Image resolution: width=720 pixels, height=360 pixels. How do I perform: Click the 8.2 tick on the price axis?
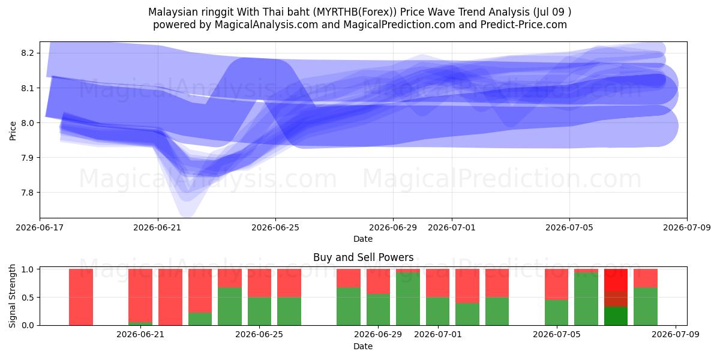(28, 53)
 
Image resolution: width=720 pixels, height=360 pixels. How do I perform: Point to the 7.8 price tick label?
(28, 193)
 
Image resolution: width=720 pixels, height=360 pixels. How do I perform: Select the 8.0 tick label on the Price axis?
(28, 123)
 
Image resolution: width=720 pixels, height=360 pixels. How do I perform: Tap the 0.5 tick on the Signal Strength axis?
(28, 298)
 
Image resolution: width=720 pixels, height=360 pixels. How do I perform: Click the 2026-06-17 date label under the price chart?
(40, 227)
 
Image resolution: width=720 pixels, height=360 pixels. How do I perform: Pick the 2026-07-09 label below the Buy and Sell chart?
(676, 335)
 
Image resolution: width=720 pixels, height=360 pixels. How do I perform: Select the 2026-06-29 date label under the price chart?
(393, 227)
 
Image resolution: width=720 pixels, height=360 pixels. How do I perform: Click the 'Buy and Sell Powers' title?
(363, 257)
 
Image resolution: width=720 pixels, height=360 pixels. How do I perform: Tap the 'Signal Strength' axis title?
(12, 296)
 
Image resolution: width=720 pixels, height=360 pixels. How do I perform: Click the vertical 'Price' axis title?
(13, 131)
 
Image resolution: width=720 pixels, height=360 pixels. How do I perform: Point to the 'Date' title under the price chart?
(363, 239)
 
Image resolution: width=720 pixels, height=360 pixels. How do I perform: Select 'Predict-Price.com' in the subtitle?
(524, 25)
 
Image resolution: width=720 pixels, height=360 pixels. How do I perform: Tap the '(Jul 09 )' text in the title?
(552, 12)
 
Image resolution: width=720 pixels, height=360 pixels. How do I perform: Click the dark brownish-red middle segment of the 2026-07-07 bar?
(616, 299)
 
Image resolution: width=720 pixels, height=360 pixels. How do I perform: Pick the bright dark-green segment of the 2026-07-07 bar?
(616, 316)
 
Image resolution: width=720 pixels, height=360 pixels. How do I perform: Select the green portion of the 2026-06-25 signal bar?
(259, 311)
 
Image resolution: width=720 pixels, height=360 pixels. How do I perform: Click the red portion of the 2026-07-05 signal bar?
(556, 284)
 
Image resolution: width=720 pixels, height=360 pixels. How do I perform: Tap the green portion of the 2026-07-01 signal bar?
(438, 311)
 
